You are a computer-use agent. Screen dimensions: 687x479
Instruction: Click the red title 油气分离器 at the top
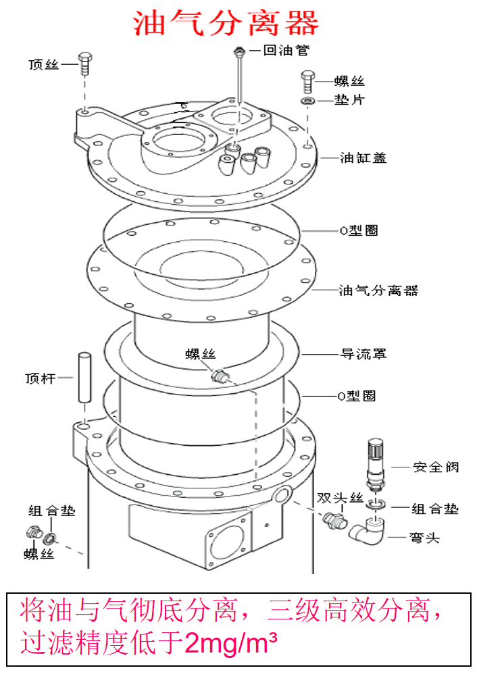click(226, 24)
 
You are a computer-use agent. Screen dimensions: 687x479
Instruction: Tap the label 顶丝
click(45, 65)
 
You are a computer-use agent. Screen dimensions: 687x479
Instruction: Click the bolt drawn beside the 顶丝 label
click(84, 64)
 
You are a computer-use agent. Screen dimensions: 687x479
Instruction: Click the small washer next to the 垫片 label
click(307, 101)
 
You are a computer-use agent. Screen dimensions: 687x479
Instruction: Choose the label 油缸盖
click(363, 158)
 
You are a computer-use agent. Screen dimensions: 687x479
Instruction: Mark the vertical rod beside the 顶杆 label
click(84, 377)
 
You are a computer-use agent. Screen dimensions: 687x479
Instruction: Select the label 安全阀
click(436, 467)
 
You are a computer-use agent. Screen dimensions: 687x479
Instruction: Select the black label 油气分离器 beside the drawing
click(378, 290)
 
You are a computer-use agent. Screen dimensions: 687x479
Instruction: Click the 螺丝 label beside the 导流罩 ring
click(201, 354)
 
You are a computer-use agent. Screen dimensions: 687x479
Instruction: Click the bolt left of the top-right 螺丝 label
click(308, 82)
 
